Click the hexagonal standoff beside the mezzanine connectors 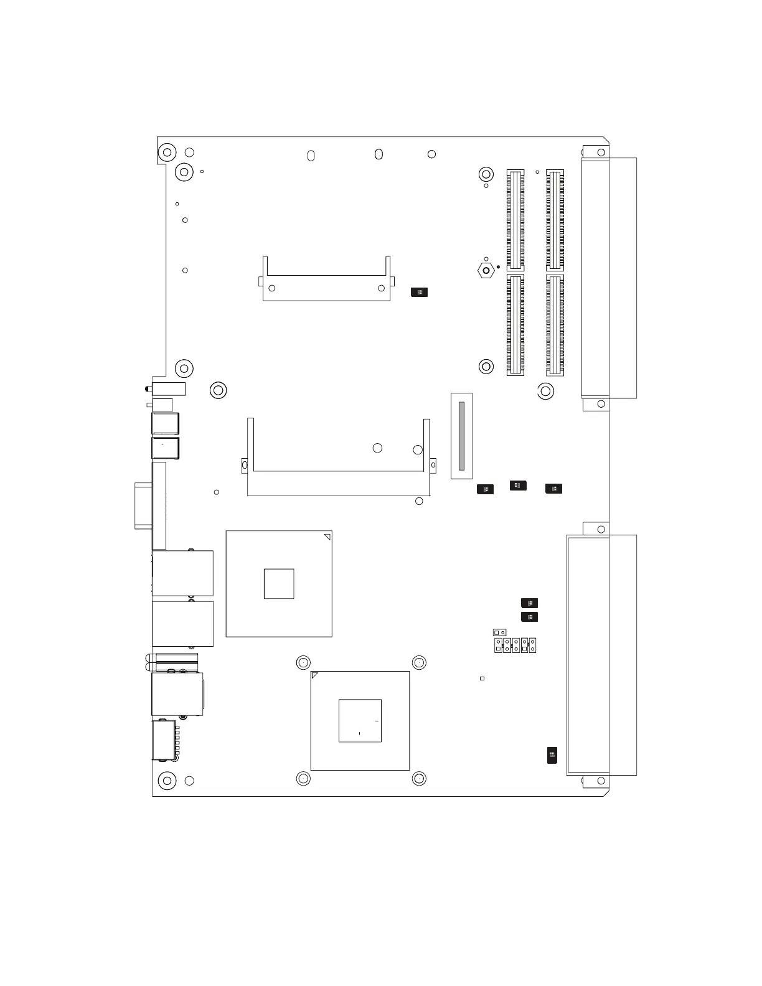coord(486,270)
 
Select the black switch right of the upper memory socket coord(419,292)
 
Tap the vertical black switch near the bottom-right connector coord(552,755)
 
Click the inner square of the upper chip coord(279,584)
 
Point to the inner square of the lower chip coord(360,720)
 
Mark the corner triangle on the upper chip coord(327,536)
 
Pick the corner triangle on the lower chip coord(315,676)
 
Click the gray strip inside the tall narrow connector coord(461,436)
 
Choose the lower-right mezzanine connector coord(555,324)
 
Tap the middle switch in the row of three coord(518,486)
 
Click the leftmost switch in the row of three coord(485,489)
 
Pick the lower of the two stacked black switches coord(529,617)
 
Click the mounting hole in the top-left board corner coord(167,152)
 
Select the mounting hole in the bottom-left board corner coord(167,781)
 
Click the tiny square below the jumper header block coord(482,678)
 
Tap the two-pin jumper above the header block coord(499,632)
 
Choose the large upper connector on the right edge coord(609,278)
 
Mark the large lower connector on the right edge coord(601,655)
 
